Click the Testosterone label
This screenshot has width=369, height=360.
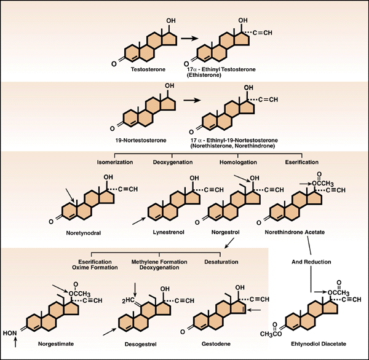click(148, 69)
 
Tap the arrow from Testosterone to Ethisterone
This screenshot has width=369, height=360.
click(189, 38)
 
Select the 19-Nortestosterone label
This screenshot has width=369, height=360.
click(141, 141)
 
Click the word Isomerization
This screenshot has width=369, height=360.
click(115, 162)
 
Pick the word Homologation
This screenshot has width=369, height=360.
click(238, 162)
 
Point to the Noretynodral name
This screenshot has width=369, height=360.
click(83, 233)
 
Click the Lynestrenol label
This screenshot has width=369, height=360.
click(169, 232)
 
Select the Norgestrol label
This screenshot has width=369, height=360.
click(226, 232)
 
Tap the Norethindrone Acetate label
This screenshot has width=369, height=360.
click(295, 232)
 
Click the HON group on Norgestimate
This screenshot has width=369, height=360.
click(10, 333)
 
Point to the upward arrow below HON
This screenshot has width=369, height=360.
click(15, 342)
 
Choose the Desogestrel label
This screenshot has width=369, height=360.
click(140, 344)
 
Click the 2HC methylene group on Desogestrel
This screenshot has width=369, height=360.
click(129, 300)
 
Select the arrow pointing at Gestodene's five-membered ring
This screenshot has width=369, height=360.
click(255, 310)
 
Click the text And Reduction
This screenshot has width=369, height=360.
click(311, 262)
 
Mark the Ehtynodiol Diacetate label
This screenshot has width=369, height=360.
click(319, 344)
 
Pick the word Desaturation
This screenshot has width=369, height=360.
click(221, 262)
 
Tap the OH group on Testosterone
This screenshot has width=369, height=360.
click(171, 21)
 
